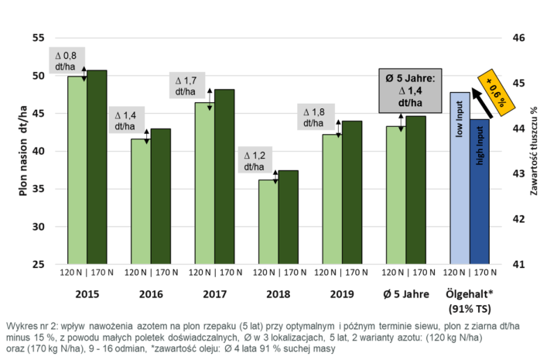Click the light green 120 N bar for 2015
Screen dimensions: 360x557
point(77,170)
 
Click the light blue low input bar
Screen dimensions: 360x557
point(460,178)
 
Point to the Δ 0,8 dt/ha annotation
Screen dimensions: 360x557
point(66,61)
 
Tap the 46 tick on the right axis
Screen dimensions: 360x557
point(519,38)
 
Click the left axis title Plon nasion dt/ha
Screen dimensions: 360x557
point(22,151)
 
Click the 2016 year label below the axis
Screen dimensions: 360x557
point(150,294)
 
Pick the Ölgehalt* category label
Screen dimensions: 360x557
point(470,294)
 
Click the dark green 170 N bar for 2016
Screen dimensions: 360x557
point(160,197)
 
